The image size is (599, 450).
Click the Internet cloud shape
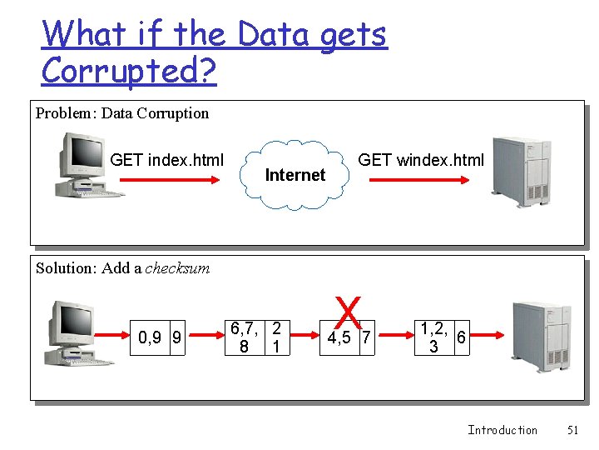[295, 174]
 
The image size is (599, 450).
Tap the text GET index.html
[166, 160]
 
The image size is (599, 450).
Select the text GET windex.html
[420, 160]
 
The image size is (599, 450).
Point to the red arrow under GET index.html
[166, 188]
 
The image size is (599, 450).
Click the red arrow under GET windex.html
[420, 188]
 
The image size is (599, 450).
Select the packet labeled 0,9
[151, 337]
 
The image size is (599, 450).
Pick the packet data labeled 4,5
[339, 337]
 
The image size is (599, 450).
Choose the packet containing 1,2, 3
[433, 337]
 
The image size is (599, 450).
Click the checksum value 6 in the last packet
[462, 337]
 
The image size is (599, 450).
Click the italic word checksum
[177, 268]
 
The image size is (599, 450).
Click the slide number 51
[572, 430]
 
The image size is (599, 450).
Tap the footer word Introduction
[502, 430]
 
